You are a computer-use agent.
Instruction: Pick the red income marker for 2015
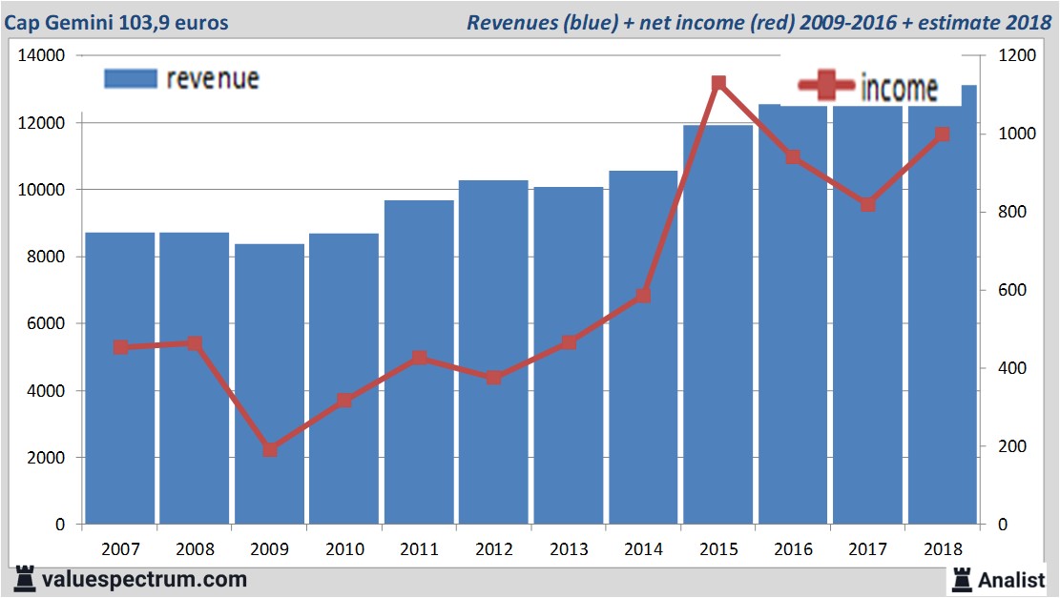point(718,84)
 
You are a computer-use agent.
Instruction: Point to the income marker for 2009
point(270,449)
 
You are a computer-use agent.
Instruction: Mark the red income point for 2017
point(867,204)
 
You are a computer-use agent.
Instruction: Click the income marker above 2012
point(493,378)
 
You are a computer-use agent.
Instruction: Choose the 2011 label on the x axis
point(419,549)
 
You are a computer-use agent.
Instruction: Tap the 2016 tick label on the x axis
point(793,549)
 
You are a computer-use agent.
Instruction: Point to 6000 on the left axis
point(45,324)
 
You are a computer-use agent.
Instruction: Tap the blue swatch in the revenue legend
point(130,78)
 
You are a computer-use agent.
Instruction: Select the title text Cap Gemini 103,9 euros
point(116,22)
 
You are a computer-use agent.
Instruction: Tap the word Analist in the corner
point(1013,579)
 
